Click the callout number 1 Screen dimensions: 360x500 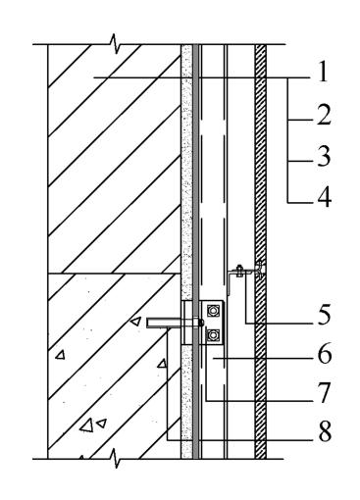323,73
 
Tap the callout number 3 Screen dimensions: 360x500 324,156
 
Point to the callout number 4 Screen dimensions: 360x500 324,197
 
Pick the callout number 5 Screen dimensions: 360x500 324,316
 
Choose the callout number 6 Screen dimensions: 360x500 325,355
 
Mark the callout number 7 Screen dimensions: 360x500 324,393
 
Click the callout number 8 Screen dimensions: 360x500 325,431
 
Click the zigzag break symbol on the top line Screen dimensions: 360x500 115,44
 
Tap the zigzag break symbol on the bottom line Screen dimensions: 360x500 115,459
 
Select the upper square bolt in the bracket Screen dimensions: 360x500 214,310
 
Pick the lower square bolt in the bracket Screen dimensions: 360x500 214,334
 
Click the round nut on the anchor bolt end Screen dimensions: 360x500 202,323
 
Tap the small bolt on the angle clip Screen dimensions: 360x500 239,271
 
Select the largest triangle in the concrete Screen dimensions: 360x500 87,425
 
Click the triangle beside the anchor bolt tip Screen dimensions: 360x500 135,322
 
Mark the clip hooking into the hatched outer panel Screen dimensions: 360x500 260,270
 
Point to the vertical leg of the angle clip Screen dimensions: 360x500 230,283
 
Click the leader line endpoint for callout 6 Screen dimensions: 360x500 213,359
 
